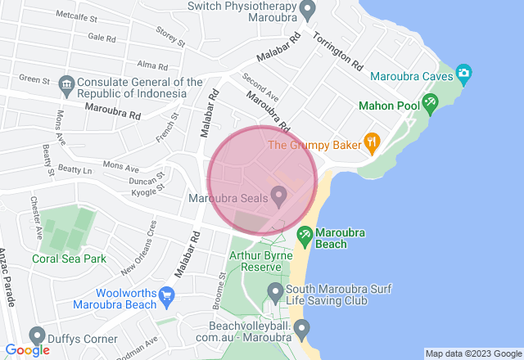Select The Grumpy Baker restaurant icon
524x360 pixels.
[x=372, y=142]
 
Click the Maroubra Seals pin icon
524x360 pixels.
[x=278, y=196]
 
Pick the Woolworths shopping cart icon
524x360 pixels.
[x=168, y=295]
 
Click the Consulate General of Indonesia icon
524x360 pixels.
[x=65, y=84]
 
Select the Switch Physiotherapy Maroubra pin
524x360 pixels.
[x=308, y=11]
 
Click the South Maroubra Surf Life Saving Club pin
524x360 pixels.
[x=275, y=290]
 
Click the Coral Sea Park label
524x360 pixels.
[x=70, y=259]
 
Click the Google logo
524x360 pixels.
[x=26, y=349]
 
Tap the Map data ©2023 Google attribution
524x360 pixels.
[x=472, y=353]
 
